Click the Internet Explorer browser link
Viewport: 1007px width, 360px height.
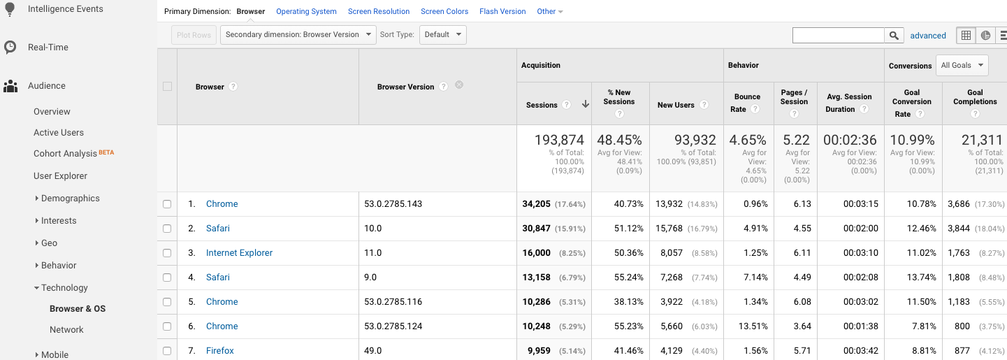tap(239, 253)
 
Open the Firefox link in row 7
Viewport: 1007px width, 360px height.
tap(220, 351)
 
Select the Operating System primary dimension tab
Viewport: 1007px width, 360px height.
tap(306, 12)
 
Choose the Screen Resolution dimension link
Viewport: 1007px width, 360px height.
tap(379, 12)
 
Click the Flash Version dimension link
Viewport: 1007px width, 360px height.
tap(502, 12)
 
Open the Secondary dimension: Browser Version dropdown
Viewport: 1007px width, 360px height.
tap(298, 35)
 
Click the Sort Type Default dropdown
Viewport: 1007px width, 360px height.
tap(442, 35)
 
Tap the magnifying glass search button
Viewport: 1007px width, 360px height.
tap(894, 36)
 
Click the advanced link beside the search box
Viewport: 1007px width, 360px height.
tap(928, 36)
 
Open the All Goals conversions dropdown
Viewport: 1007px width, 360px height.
tap(962, 66)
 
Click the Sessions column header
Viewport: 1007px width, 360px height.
tap(542, 105)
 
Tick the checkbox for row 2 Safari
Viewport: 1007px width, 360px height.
tap(167, 229)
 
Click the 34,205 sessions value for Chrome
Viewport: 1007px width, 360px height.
tap(537, 204)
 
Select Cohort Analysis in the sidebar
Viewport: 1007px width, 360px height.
tap(66, 154)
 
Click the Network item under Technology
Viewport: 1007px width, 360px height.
tap(66, 330)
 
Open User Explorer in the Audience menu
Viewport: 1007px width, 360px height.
tap(60, 176)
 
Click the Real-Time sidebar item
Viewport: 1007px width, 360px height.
tap(48, 48)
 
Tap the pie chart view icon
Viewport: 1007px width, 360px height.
tap(985, 36)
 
